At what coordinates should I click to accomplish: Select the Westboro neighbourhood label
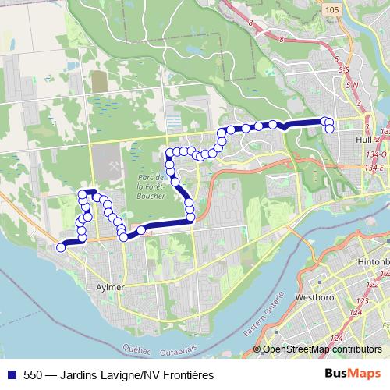(x=311, y=297)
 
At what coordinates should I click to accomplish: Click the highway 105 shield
(x=331, y=9)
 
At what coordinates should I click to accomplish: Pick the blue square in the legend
(x=9, y=375)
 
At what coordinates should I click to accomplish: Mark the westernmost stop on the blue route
(x=61, y=248)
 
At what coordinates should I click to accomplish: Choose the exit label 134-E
(x=378, y=167)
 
